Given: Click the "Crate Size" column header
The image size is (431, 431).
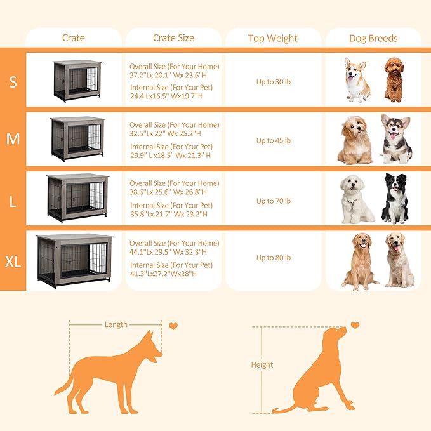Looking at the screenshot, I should point(173,38).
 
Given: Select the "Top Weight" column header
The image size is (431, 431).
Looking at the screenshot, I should point(273,38).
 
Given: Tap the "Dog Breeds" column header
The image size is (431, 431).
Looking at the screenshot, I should point(373,38).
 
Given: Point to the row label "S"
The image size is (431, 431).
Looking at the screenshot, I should point(13,81).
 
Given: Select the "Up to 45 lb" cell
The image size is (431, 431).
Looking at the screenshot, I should point(273,140).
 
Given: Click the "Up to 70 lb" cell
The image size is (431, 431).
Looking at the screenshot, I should point(273,201).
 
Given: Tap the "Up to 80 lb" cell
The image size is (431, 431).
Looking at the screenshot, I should point(273,258).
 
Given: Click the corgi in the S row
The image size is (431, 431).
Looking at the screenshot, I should point(357,79).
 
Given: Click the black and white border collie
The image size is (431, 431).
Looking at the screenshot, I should point(395,199).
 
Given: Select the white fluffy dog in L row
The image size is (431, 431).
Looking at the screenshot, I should point(357,199).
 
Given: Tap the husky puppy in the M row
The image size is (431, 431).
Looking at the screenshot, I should point(395,139).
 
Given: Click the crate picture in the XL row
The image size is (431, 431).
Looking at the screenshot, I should point(74,260).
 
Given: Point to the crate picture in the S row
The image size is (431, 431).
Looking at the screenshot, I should point(77,80).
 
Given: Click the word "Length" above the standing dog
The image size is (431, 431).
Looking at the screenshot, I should point(116,324).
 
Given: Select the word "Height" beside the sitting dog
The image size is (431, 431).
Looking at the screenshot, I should point(262,364).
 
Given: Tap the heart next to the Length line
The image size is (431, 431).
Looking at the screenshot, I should point(173,326).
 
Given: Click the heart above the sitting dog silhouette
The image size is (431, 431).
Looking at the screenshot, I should point(355,325).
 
